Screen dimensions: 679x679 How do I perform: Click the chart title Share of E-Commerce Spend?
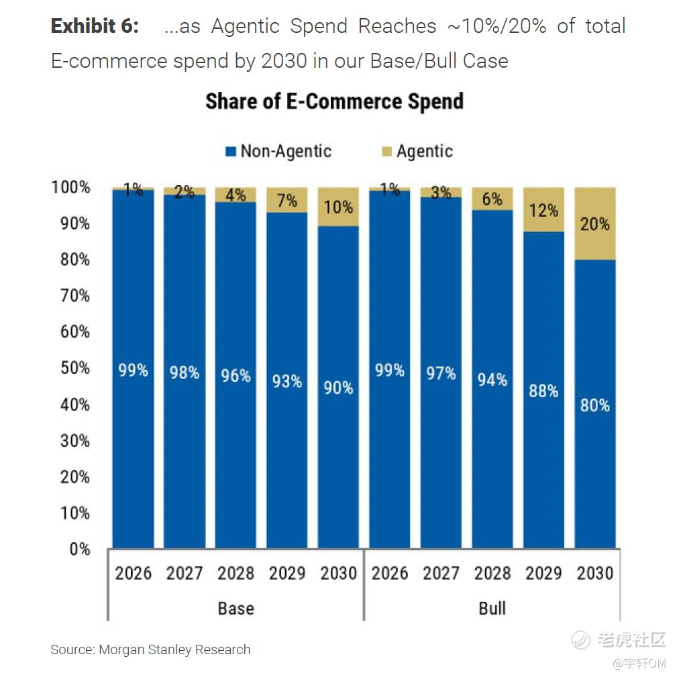334,101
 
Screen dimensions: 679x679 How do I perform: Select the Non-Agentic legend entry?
278,151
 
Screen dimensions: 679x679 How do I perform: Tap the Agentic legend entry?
417,151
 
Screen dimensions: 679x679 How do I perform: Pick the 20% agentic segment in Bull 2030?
594,223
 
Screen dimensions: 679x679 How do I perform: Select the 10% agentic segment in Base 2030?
338,207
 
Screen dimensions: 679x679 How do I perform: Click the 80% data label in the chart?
594,405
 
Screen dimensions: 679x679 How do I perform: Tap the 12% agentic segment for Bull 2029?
543,210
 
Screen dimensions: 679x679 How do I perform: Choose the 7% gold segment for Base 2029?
287,201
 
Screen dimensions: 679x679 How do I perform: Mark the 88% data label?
543,390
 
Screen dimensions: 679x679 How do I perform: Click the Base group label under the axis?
236,609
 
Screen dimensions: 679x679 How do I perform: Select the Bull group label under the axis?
492,609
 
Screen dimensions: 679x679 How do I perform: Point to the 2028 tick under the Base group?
236,573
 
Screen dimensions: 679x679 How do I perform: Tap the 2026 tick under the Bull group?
390,573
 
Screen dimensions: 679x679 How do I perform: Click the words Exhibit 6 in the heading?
95,27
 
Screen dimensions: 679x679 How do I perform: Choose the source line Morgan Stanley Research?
150,649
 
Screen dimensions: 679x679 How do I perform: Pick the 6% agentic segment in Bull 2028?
492,199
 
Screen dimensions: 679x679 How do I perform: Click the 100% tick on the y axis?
71,187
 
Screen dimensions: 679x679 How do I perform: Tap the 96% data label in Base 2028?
236,375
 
